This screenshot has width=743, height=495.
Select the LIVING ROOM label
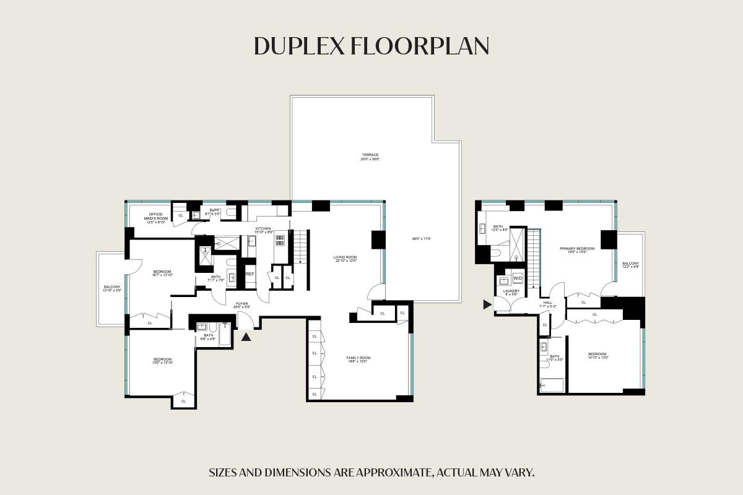[x=345, y=258]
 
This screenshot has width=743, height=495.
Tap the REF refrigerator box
[x=250, y=273]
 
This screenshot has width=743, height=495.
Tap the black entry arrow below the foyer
[x=246, y=337]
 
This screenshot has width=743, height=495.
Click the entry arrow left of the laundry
[x=487, y=304]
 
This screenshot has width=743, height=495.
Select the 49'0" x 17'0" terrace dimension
[x=422, y=238]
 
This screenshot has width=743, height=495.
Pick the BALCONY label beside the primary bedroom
[x=630, y=265]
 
